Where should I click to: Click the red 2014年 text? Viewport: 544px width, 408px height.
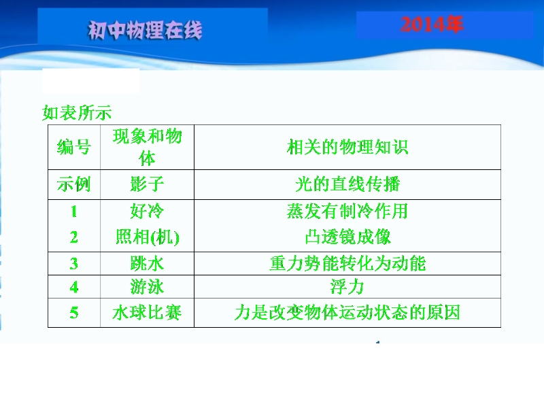(432, 24)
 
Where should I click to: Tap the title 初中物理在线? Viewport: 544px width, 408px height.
(145, 30)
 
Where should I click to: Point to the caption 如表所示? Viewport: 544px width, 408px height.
(77, 113)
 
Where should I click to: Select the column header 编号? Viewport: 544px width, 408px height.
(74, 147)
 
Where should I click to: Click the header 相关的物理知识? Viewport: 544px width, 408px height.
(347, 147)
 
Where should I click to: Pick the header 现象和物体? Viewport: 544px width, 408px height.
(147, 147)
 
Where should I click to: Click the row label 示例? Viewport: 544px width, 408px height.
(74, 184)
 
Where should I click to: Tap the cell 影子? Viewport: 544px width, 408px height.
(147, 184)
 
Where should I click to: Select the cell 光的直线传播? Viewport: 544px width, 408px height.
(347, 184)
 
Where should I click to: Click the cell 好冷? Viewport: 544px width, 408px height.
(147, 211)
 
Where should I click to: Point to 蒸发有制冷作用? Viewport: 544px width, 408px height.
(347, 211)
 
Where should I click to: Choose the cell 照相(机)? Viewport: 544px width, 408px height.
(147, 237)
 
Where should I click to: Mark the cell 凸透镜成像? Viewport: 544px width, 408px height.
(348, 237)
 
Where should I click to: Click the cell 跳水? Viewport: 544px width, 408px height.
(147, 263)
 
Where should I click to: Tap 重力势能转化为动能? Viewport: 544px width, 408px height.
(347, 263)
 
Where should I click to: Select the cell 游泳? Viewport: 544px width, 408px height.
(147, 287)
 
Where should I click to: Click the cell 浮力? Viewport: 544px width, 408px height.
(347, 287)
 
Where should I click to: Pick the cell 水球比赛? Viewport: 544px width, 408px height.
(147, 312)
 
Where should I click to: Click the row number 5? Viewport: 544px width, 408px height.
(74, 313)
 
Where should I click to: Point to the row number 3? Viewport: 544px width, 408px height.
(74, 264)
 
